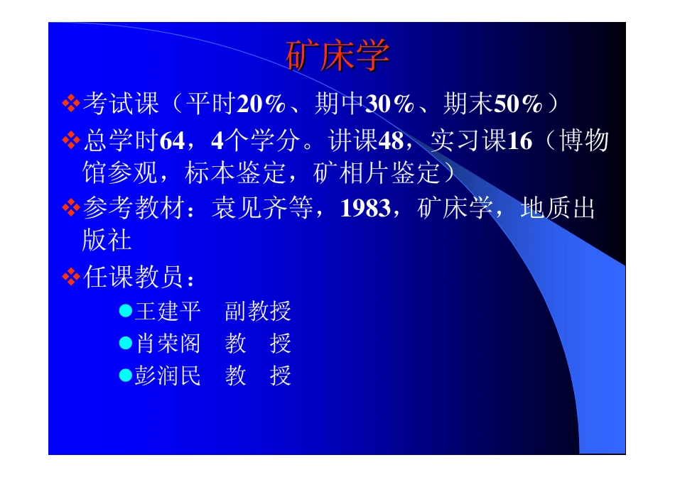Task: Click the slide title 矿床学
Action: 337,56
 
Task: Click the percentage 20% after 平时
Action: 261,104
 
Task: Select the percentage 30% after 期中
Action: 389,104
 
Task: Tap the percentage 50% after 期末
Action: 518,104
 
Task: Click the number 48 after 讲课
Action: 391,141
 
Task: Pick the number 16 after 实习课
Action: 519,141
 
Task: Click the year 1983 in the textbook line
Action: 365,209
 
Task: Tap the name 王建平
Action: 168,311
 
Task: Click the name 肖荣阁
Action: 168,344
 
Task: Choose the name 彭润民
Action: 168,375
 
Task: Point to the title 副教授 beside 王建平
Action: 258,311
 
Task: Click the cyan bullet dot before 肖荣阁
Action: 126,343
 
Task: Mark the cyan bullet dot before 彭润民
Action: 126,375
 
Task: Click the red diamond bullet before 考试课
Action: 71,104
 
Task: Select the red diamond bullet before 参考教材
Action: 71,209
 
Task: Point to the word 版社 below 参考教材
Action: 107,241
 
